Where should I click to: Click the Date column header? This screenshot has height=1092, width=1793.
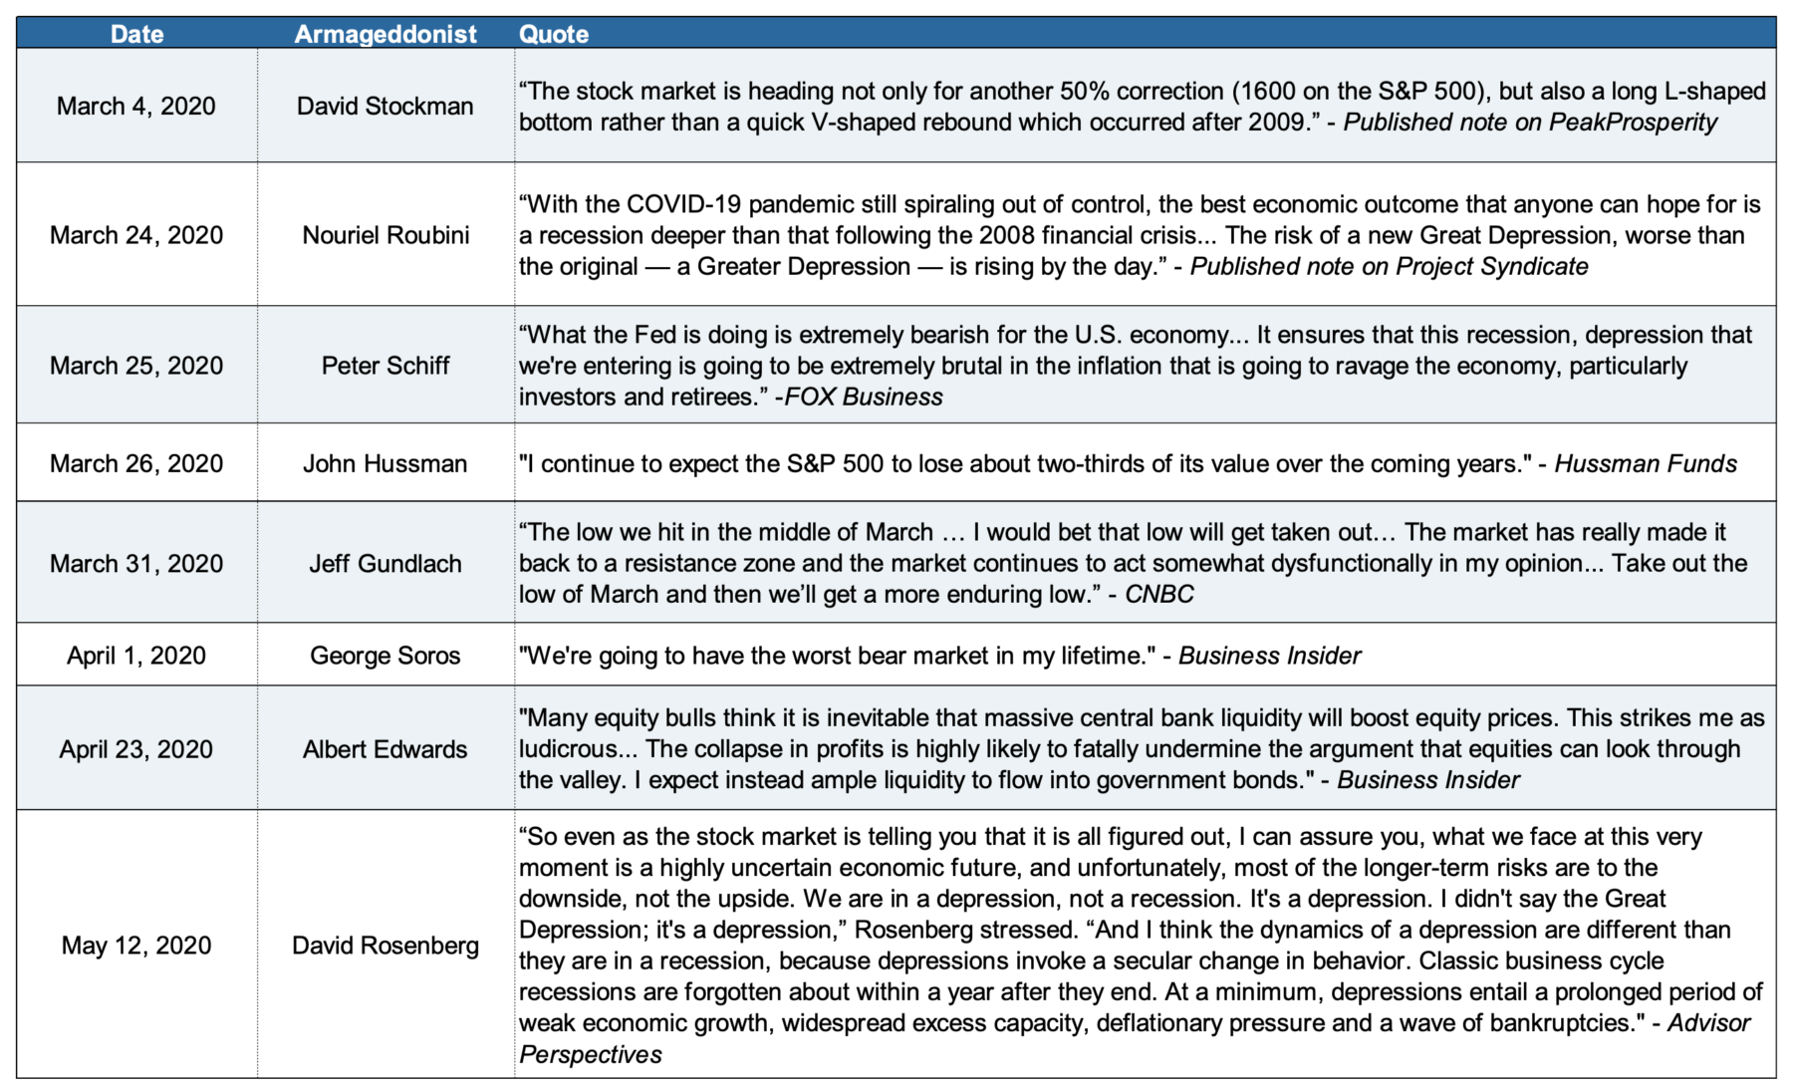click(x=136, y=34)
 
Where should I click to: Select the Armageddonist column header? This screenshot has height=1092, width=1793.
click(x=385, y=34)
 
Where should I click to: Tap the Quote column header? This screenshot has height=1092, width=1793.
click(x=554, y=34)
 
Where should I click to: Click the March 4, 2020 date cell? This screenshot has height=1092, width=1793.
click(x=136, y=106)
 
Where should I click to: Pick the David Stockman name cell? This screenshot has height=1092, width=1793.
click(x=385, y=106)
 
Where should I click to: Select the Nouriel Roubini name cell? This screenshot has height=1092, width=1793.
click(x=385, y=235)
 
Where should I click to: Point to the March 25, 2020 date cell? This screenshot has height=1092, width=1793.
click(x=136, y=366)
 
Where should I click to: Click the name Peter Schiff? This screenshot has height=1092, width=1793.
click(x=385, y=366)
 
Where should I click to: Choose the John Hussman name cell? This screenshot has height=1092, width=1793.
click(x=385, y=463)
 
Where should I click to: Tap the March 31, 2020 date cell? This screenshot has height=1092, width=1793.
click(x=136, y=563)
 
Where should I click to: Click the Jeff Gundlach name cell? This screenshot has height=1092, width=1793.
click(x=385, y=563)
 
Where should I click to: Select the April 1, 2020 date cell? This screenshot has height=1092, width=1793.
click(x=136, y=656)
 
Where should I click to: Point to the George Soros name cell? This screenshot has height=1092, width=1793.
click(x=385, y=656)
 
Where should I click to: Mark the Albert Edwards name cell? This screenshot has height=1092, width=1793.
click(x=385, y=749)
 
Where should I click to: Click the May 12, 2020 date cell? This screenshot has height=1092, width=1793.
click(x=136, y=946)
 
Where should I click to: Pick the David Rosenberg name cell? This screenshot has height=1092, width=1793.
click(x=385, y=946)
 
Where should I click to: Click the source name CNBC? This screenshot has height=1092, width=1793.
click(x=1158, y=595)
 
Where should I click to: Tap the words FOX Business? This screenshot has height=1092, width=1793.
click(x=863, y=398)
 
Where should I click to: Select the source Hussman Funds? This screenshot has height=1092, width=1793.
click(x=1645, y=464)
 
